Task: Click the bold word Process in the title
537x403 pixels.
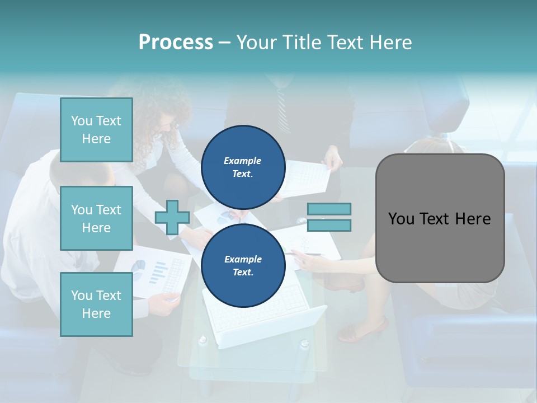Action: [x=176, y=43]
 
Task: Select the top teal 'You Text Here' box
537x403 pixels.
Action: [x=96, y=130]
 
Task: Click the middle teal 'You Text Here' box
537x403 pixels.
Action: [x=96, y=218]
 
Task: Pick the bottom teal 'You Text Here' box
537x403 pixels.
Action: [x=96, y=304]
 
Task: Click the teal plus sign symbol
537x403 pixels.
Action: [x=172, y=217]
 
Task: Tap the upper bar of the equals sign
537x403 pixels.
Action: [x=329, y=209]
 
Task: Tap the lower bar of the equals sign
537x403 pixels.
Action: [x=329, y=226]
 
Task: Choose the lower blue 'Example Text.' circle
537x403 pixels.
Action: [x=243, y=265]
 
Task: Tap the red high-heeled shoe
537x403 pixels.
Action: [x=364, y=331]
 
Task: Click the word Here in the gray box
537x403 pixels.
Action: [x=473, y=219]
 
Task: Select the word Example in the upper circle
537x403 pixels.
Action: [x=243, y=161]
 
